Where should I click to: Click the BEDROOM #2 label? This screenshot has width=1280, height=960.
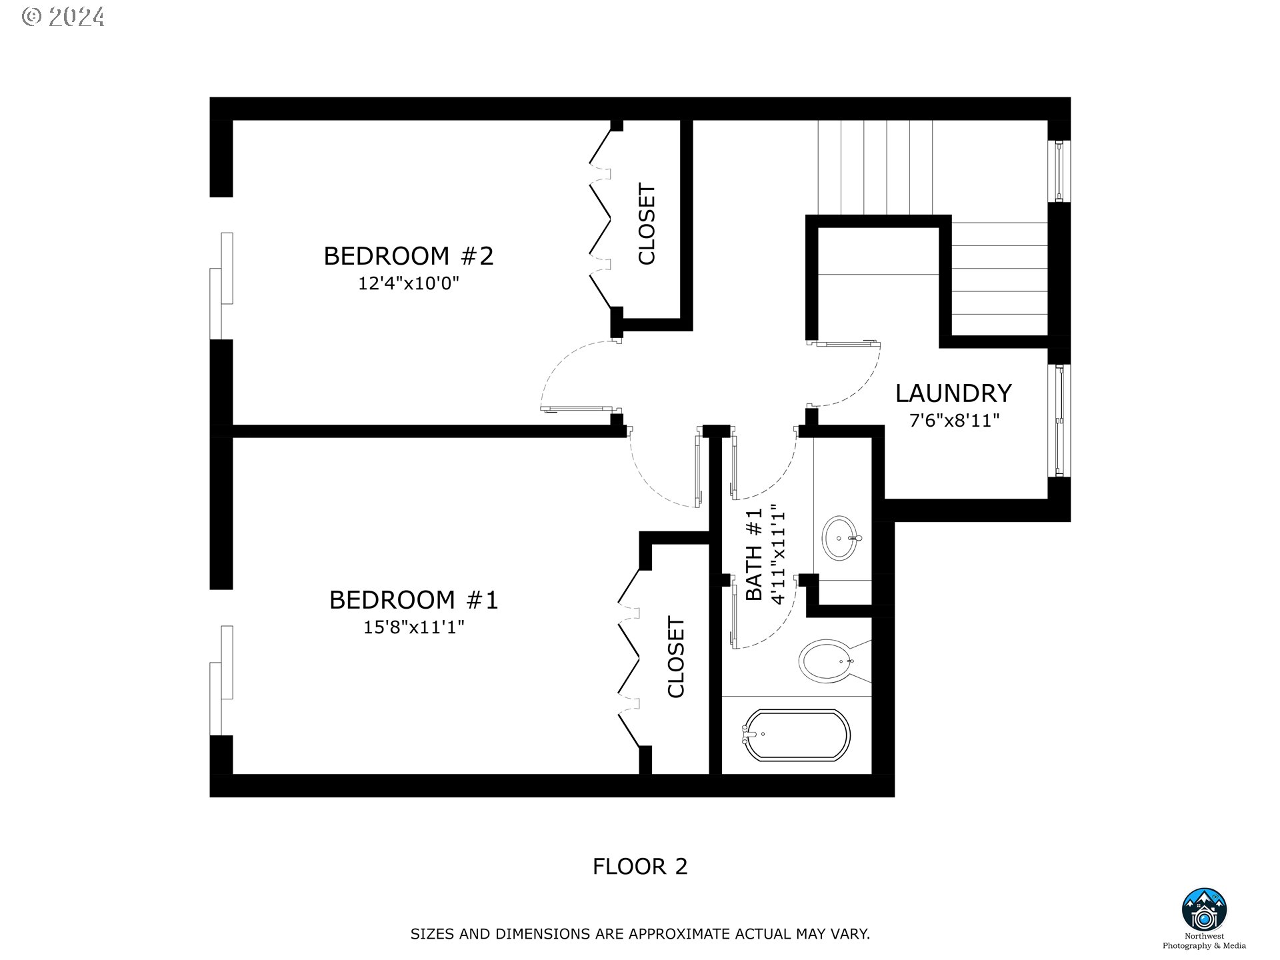coord(408,256)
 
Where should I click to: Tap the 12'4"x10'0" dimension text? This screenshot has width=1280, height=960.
coord(408,284)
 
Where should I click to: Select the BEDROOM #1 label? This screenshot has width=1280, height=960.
coord(413,600)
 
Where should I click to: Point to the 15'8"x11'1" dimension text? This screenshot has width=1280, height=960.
coord(413,627)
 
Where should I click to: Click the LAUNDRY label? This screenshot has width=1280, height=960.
coord(953,393)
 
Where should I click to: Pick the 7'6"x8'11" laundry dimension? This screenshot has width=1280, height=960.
coord(954,421)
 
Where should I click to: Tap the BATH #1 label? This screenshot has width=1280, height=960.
coord(753,555)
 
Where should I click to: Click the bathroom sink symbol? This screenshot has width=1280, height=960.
coord(842,537)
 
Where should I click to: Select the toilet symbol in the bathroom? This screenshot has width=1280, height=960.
coord(827,661)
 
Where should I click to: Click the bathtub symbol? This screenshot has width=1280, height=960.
coord(796,735)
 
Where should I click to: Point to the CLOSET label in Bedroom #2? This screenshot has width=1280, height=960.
coord(647,225)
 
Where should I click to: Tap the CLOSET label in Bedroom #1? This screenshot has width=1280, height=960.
coord(676,657)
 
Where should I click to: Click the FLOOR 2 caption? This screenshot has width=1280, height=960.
coord(639,867)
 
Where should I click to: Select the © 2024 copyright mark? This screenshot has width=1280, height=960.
coord(63,17)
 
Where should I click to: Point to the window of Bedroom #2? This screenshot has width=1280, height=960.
coord(221,287)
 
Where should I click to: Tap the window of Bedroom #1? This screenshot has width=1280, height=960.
coord(221,680)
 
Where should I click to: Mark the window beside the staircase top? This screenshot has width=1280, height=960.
coord(1059,171)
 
